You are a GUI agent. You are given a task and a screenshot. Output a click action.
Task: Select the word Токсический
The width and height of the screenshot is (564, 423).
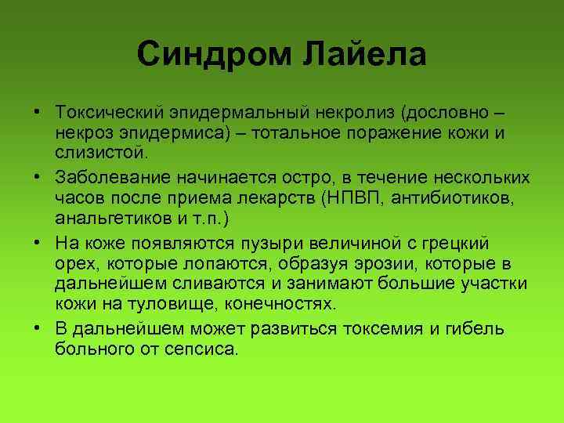pos(110,115)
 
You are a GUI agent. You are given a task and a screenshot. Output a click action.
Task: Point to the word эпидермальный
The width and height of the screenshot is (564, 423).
pos(237,115)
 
